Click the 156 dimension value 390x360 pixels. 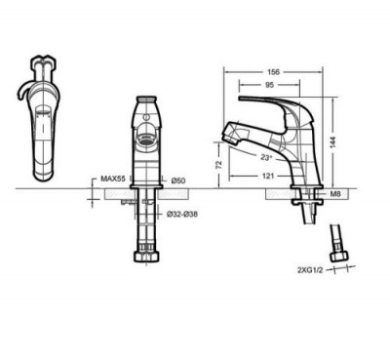coord(273,72)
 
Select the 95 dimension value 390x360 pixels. coord(269,85)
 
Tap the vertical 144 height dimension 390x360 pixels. coord(333,141)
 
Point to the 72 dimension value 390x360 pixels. coord(219,164)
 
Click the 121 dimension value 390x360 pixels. coord(268,176)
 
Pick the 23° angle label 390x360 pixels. coord(266,158)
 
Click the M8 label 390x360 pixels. coord(335,194)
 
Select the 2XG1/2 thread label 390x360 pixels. coord(310,270)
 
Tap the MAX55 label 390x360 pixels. coord(113,179)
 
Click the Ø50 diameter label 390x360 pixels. coord(178,180)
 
